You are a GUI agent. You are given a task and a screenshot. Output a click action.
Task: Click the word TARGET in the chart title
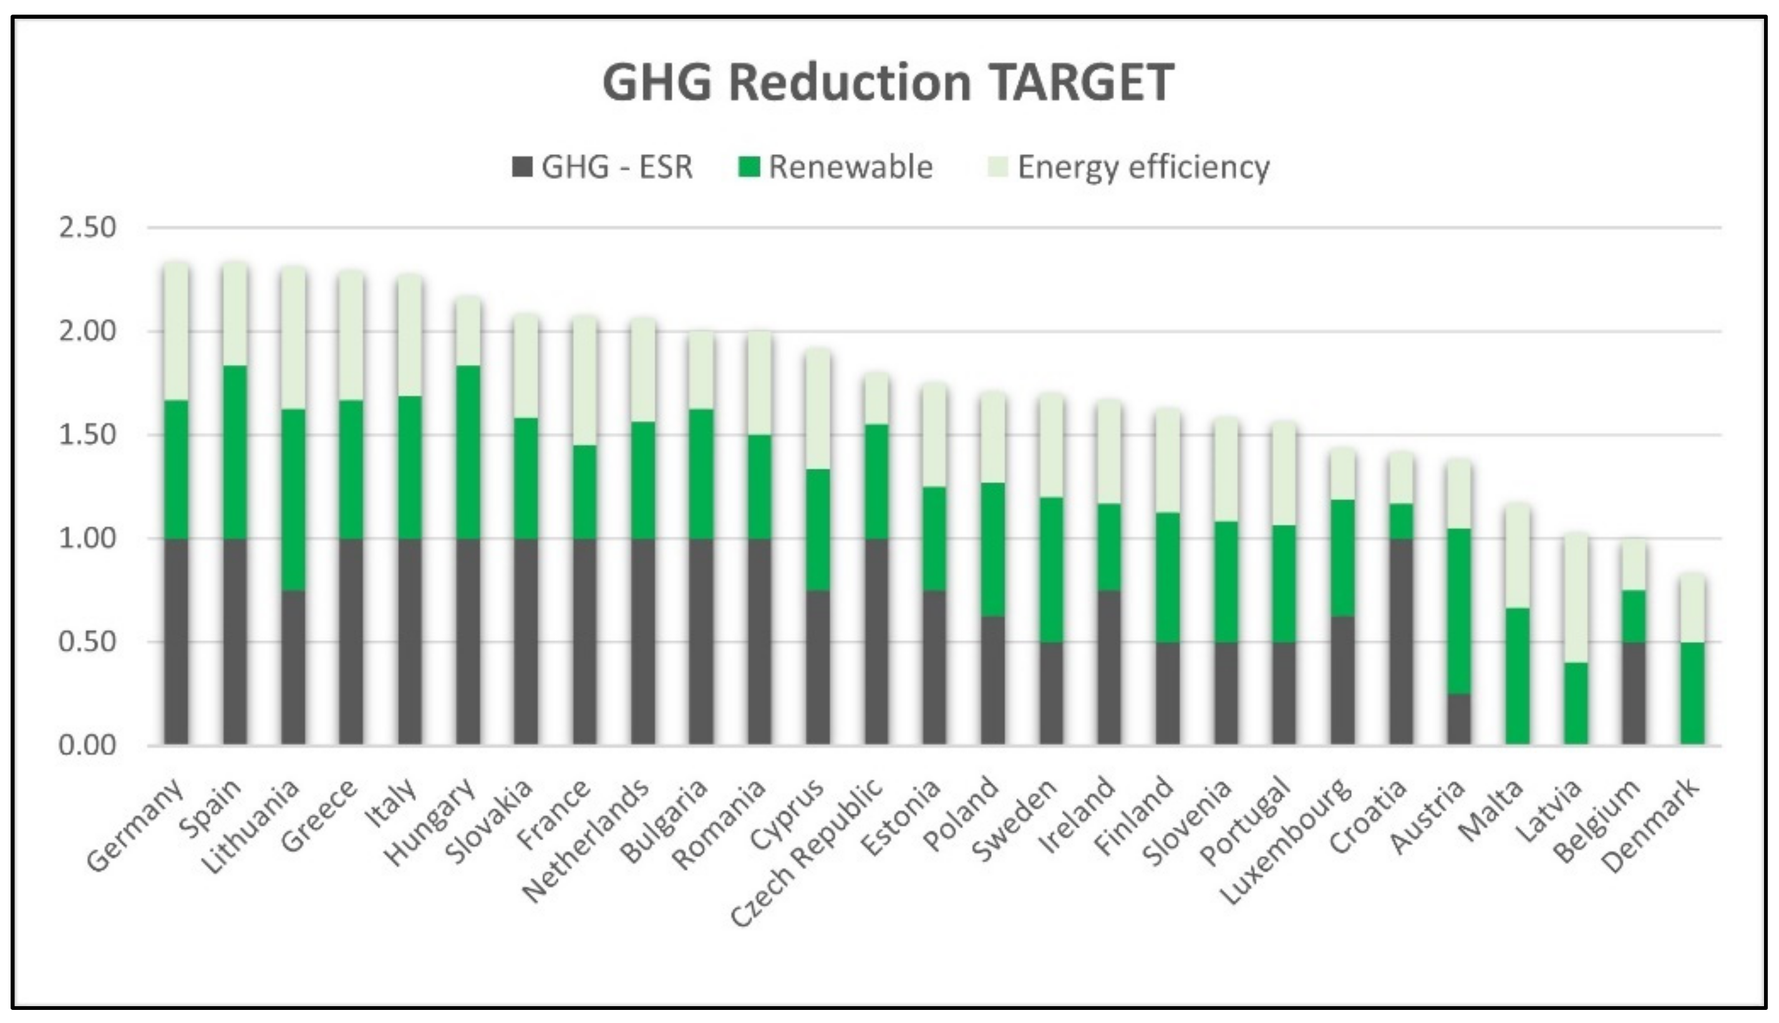[1083, 83]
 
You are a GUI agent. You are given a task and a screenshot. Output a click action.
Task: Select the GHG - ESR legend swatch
[522, 167]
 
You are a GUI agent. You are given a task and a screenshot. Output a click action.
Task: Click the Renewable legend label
[850, 167]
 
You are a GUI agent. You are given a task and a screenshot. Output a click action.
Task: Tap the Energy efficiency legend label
[1143, 167]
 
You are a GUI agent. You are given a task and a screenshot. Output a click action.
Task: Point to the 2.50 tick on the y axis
[87, 228]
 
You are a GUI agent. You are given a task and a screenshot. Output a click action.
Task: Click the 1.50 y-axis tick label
[87, 435]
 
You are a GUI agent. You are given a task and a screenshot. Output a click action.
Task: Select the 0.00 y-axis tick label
[87, 745]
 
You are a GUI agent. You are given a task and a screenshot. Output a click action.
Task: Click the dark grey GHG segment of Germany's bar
[177, 641]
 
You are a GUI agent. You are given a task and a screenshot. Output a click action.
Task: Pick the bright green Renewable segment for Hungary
[468, 452]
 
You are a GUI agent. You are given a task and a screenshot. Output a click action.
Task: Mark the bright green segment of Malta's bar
[1518, 674]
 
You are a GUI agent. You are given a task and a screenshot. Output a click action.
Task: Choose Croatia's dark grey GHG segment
[1401, 641]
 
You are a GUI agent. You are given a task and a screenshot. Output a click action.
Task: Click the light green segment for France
[584, 379]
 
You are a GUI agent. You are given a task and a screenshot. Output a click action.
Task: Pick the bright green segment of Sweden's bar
[1051, 569]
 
